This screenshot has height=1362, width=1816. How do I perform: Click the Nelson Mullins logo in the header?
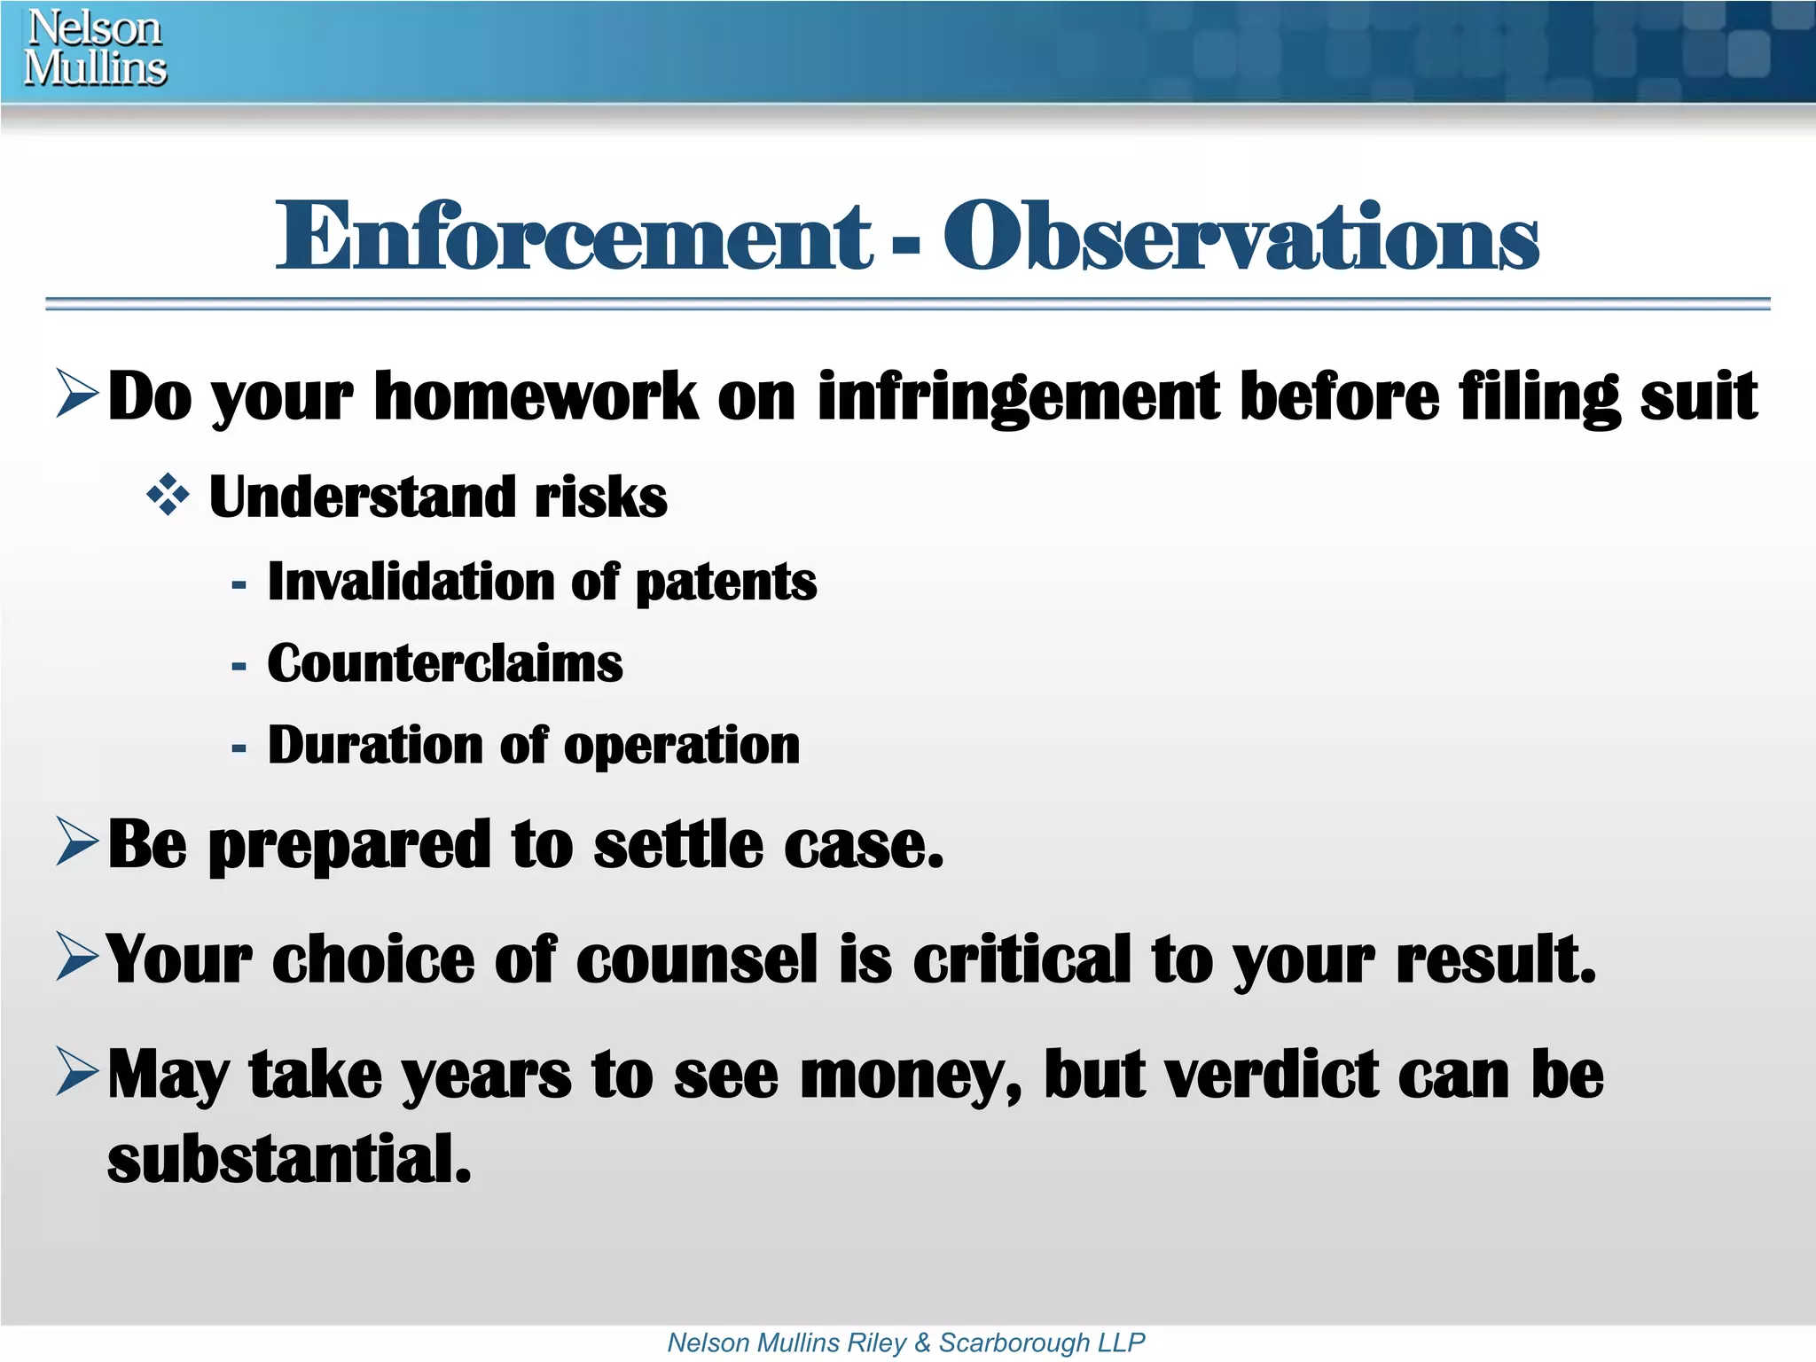[x=95, y=48]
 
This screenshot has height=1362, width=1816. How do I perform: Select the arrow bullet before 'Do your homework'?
[x=77, y=395]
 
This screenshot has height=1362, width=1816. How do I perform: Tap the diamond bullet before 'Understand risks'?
[x=168, y=496]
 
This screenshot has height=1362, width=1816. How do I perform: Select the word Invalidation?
[x=411, y=582]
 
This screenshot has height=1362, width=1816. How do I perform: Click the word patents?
[x=726, y=583]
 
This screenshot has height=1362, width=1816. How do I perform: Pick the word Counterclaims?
[x=445, y=663]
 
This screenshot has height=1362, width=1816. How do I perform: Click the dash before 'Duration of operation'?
[x=238, y=748]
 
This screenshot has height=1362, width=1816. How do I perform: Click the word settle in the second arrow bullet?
[x=677, y=844]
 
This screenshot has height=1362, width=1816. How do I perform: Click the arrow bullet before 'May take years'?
[x=77, y=1071]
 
